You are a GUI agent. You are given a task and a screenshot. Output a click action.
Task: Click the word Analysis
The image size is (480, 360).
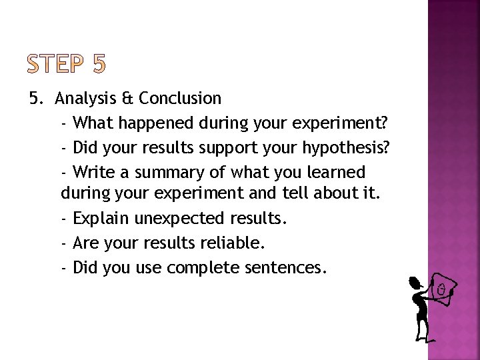tap(85, 99)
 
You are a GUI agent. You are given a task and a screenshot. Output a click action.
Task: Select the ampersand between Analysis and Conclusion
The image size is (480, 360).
tap(127, 99)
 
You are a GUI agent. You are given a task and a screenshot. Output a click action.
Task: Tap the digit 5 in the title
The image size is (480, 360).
tap(97, 64)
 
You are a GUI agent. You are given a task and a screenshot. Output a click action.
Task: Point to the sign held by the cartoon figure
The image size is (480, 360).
tap(441, 290)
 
